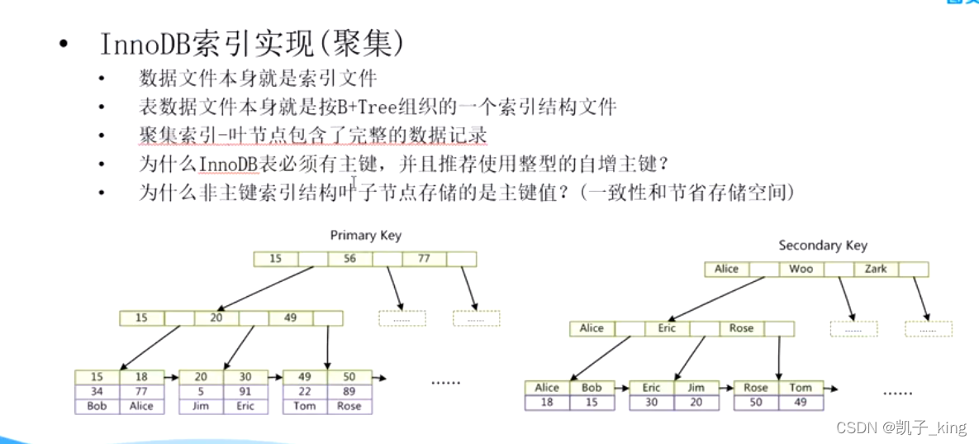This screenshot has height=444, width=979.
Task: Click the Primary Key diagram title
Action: pyautogui.click(x=365, y=236)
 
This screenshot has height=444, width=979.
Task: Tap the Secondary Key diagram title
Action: pyautogui.click(x=823, y=246)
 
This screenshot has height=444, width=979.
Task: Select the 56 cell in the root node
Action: pyautogui.click(x=349, y=259)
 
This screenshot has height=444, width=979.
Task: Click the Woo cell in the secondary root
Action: pyautogui.click(x=801, y=269)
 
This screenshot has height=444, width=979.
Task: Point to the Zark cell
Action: pyautogui.click(x=876, y=269)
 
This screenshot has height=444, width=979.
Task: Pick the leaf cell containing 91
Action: pyautogui.click(x=245, y=392)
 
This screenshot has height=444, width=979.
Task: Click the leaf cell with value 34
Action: pyautogui.click(x=97, y=392)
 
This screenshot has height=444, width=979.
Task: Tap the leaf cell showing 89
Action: pyautogui.click(x=349, y=392)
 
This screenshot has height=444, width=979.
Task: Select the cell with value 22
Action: pyautogui.click(x=305, y=392)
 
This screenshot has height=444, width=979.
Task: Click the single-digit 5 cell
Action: pyautogui.click(x=201, y=392)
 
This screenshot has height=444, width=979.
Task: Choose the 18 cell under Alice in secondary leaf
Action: pyautogui.click(x=547, y=403)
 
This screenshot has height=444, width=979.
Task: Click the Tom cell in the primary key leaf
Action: pyautogui.click(x=305, y=406)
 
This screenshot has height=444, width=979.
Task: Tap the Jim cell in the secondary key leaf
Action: pyautogui.click(x=696, y=388)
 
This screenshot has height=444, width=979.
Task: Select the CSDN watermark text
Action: pyautogui.click(x=855, y=427)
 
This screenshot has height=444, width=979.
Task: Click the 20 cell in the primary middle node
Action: pyautogui.click(x=216, y=317)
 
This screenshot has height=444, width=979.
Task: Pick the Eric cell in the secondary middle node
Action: pyautogui.click(x=667, y=328)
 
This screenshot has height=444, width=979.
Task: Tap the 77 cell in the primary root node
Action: pyautogui.click(x=424, y=259)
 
